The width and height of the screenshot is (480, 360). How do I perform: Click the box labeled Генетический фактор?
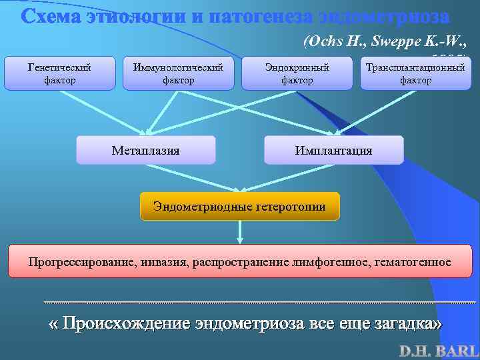coord(59,73)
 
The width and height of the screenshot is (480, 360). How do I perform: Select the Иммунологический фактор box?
coord(178,73)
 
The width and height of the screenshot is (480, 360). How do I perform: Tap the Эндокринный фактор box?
coord(297,73)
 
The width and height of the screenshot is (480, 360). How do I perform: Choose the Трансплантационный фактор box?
coord(415,73)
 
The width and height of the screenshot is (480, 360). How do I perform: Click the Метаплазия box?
coord(145,150)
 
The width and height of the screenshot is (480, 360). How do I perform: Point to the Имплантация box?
coord(333,150)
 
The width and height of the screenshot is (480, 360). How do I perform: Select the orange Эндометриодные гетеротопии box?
coord(239,207)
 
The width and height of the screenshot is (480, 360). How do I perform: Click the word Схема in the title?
coord(51,17)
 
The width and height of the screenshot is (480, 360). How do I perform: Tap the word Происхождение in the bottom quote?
coord(126,324)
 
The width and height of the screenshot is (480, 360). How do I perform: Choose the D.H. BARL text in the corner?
coord(439,350)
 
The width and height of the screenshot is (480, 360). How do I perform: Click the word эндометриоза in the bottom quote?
coord(251,324)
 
